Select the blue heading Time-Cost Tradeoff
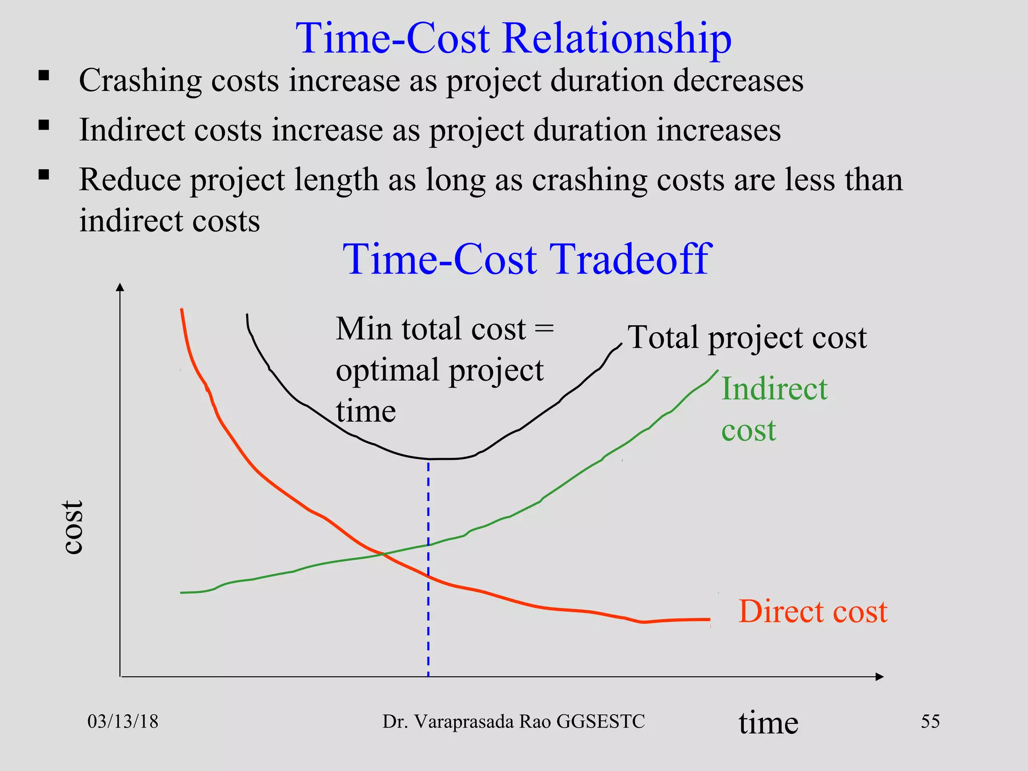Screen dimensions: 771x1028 pos(527,260)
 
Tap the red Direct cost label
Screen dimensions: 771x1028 pos(813,611)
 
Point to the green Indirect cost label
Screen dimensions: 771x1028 pos(773,409)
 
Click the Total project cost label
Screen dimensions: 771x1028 pos(747,337)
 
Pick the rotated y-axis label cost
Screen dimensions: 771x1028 pos(73,527)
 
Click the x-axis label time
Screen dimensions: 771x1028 pos(768,723)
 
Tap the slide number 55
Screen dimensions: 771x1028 pos(930,721)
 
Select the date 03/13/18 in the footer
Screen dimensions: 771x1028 pos(123,722)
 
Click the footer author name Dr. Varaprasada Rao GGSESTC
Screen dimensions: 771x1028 pos(513,722)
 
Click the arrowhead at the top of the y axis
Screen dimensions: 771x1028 pos(119,287)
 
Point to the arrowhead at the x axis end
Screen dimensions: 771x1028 pos(879,677)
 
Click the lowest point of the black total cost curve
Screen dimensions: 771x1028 pos(437,459)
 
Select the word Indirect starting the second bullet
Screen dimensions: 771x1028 pos(133,130)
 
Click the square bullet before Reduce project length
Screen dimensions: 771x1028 pos(44,175)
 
